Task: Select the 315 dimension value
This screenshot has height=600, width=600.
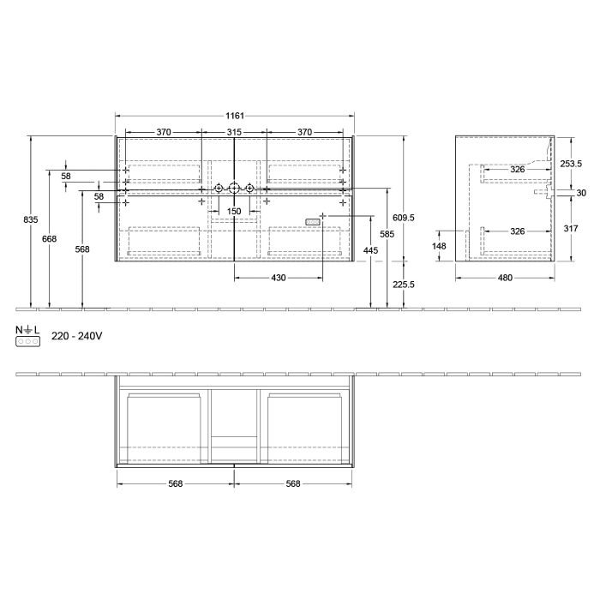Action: click(233, 132)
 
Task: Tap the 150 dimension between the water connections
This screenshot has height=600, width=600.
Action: click(233, 211)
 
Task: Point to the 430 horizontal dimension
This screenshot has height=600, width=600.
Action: click(279, 278)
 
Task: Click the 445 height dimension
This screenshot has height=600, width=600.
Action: click(369, 249)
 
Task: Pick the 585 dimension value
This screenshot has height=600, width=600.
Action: click(387, 232)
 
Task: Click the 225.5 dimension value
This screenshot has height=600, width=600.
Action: click(403, 285)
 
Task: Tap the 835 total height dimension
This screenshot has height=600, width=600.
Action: click(31, 220)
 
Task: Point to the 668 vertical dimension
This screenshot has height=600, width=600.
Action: click(49, 238)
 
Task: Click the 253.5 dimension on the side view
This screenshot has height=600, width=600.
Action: click(570, 163)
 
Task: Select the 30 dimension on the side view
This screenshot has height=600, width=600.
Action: click(581, 193)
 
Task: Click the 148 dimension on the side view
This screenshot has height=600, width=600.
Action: click(440, 245)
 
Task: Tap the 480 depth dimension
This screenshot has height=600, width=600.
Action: click(505, 278)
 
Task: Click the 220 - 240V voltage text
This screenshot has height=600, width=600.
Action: click(77, 337)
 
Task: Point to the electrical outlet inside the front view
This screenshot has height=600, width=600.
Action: click(314, 222)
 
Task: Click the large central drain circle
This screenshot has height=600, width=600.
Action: click(233, 188)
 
